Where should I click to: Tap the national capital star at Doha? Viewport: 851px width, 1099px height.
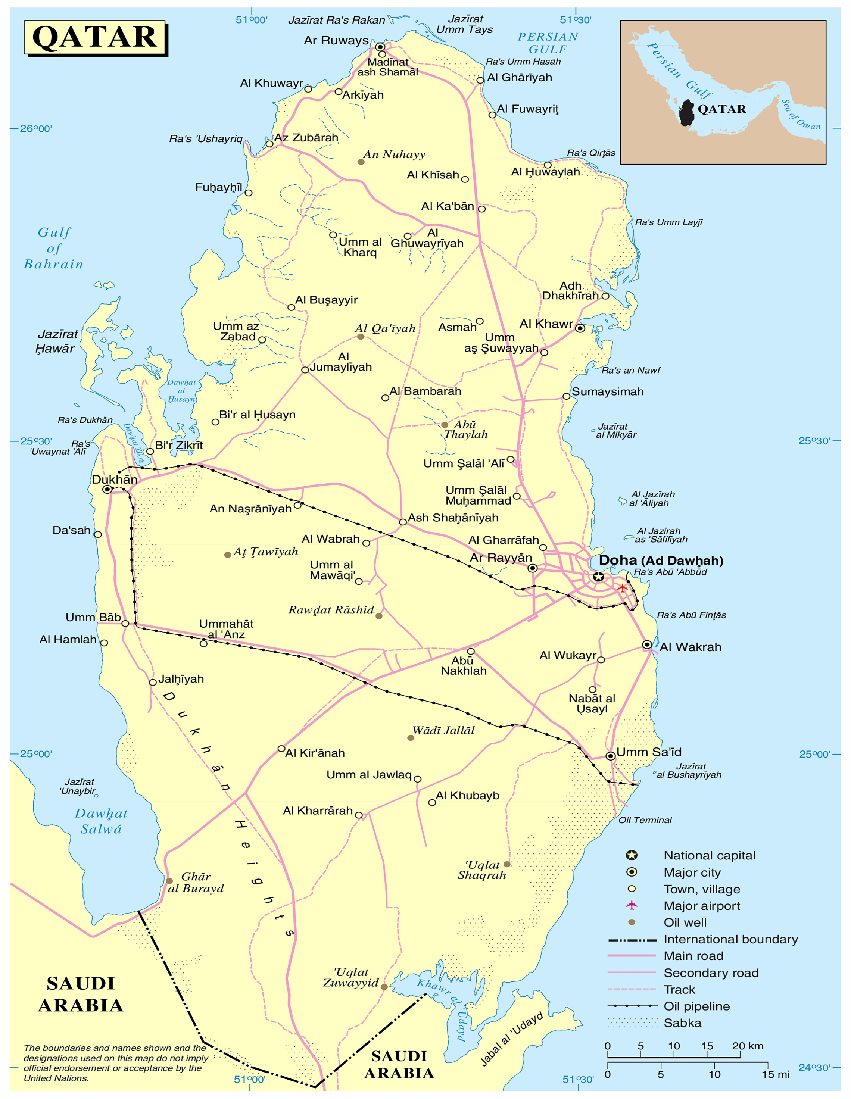598,577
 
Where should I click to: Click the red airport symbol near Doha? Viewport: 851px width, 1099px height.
623,588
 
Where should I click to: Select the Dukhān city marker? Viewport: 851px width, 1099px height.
107,489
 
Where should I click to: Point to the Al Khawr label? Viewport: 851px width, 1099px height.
546,324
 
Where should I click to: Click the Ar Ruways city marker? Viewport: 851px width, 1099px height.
380,47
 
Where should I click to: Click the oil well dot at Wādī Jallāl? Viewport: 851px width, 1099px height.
411,738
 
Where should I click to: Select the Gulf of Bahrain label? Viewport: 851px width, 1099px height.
54,248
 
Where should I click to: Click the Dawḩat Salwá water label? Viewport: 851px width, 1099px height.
101,821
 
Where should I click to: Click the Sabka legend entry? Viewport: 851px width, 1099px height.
682,1023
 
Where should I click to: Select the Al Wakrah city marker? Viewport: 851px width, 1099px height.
647,644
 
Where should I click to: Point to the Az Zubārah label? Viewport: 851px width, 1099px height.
306,138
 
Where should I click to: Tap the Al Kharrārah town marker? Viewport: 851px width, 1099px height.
359,815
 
